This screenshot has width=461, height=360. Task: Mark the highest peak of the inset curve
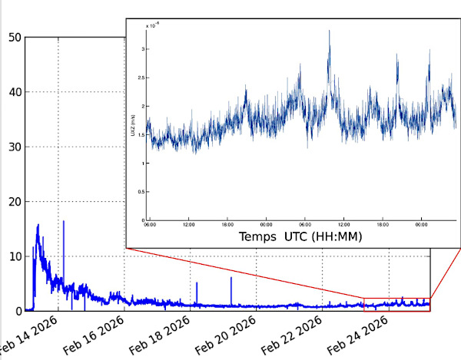tap(329, 31)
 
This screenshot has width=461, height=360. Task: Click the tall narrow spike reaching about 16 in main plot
tap(63, 223)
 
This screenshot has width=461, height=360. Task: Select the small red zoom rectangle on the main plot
tap(396, 304)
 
